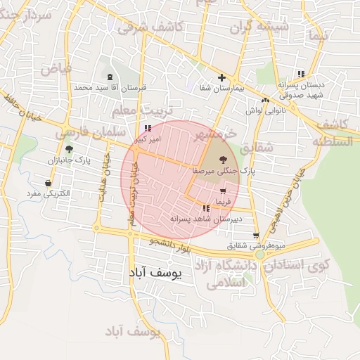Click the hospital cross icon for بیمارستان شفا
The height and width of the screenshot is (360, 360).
(221, 78)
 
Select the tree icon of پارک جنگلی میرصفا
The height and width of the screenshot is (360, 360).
(223, 160)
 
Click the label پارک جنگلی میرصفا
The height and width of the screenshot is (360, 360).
(224, 171)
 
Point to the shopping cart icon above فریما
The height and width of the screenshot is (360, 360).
(223, 191)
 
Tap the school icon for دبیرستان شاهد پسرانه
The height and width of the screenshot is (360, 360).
(206, 208)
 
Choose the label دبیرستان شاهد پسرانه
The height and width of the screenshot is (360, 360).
(206, 219)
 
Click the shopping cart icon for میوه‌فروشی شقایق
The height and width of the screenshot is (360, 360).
(256, 236)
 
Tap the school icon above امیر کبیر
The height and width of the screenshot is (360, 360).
(147, 129)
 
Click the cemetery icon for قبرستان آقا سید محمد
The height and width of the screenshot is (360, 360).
(110, 77)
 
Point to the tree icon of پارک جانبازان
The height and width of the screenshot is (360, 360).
(69, 149)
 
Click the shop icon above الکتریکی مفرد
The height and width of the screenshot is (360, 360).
(48, 184)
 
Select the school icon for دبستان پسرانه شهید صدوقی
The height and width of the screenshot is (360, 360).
(301, 74)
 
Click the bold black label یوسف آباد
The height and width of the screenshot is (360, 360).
(157, 271)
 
